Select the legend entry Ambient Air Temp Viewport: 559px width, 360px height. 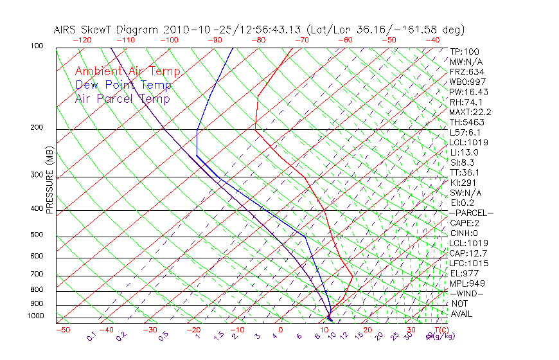pos(127,71)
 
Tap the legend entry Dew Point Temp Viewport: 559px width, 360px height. pos(123,85)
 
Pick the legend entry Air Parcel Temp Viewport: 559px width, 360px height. pos(122,98)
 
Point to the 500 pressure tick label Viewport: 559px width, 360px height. pos(37,235)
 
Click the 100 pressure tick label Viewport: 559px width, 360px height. pos(37,46)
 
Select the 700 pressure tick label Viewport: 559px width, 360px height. pos(37,274)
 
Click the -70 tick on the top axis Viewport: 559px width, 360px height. pos(301,40)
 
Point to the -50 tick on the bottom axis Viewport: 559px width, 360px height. pos(63,330)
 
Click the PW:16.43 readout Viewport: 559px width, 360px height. pos(469,92)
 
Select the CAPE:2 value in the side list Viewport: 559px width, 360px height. pos(464,223)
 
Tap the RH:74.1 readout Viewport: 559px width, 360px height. pos(466,102)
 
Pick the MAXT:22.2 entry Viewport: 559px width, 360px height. pos(469,112)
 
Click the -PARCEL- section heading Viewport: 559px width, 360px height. pos(471,213)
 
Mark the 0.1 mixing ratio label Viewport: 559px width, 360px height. pos(91,336)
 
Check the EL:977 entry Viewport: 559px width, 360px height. pos(464,273)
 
